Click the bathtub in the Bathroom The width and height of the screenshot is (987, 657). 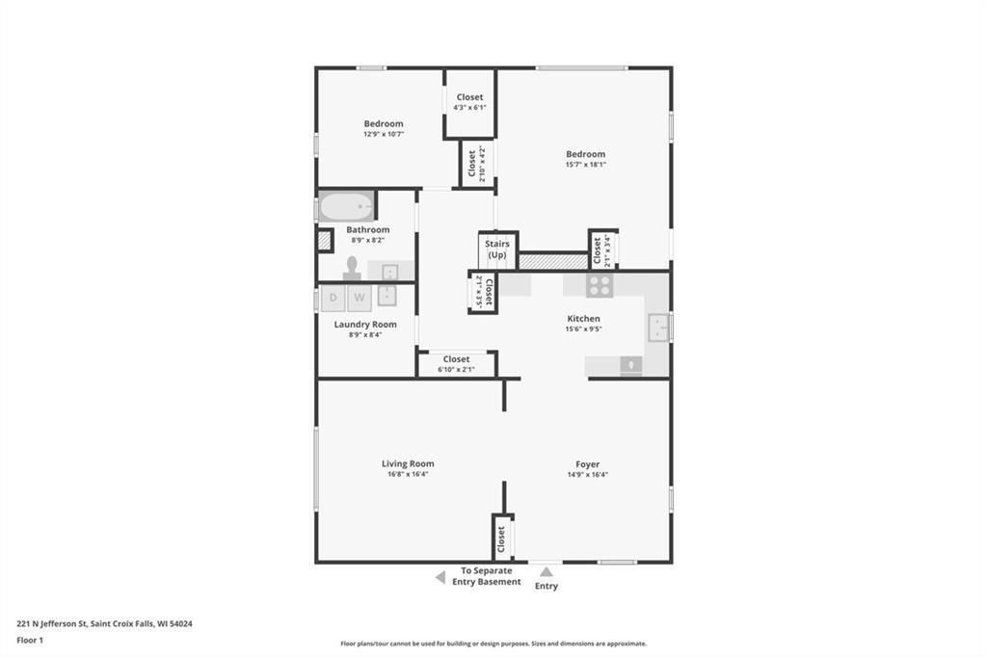click(x=346, y=206)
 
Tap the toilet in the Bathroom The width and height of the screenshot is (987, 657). click(x=352, y=269)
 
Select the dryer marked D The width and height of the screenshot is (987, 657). click(x=333, y=298)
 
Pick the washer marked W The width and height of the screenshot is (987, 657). click(x=360, y=298)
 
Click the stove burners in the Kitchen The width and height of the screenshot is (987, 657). click(x=600, y=285)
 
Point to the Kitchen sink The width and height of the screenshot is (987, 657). click(x=657, y=328)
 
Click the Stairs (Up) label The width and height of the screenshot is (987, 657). click(x=497, y=250)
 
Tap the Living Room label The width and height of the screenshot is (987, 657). click(x=408, y=463)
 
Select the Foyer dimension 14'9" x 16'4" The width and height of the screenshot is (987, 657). click(x=587, y=475)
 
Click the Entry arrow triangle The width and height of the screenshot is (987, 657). click(x=547, y=572)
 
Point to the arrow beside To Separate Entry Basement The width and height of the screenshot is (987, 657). click(x=440, y=577)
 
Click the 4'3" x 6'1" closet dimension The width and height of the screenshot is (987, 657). click(x=469, y=108)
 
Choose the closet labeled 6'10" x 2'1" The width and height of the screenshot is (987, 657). click(x=456, y=364)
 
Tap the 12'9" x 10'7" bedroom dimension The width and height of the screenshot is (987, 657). click(x=384, y=134)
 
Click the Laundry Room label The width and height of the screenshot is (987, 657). click(x=365, y=324)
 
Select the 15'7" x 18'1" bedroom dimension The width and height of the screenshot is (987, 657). click(x=585, y=164)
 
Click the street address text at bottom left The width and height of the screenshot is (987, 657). click(x=104, y=624)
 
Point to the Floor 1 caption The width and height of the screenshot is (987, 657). click(x=30, y=641)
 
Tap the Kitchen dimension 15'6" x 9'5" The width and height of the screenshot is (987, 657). click(x=583, y=328)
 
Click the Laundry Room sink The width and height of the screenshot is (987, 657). click(x=387, y=295)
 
